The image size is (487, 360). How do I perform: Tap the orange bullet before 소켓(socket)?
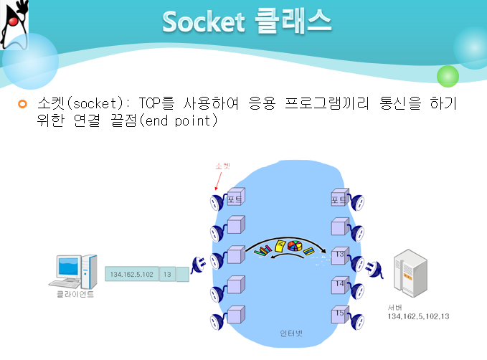22,105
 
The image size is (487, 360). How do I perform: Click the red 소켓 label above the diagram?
223,166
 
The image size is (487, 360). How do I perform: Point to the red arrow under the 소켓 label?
219,182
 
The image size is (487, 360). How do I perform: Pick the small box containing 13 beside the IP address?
166,273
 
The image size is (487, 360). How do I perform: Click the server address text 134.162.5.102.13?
418,316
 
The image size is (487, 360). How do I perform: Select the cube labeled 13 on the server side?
340,255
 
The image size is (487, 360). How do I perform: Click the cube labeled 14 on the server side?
340,285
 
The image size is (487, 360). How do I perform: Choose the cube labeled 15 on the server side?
340,313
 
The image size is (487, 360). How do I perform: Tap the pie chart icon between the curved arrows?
293,247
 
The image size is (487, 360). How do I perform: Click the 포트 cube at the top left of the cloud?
235,197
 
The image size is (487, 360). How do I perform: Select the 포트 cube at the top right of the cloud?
340,197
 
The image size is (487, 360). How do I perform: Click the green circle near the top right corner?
448,76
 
